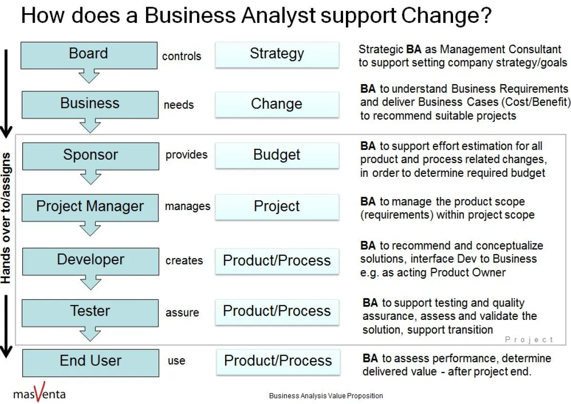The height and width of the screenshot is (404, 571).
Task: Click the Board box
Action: pos(89,55)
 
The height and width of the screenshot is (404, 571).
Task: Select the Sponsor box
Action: pos(90,155)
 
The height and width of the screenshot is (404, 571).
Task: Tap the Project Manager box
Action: pos(90,207)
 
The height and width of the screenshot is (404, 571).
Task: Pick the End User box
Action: pos(90,362)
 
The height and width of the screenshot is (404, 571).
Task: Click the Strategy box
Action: pos(277,54)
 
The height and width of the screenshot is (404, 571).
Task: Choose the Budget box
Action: pos(277,155)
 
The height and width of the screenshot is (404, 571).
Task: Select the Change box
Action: pos(277,104)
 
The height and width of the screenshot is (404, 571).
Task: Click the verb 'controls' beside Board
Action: pos(182,57)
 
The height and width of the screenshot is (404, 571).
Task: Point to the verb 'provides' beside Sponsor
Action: pos(187,155)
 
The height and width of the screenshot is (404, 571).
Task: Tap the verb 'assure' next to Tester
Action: pos(182,313)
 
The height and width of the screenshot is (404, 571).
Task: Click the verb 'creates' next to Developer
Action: pos(184,261)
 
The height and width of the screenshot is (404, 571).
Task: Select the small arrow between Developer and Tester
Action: pos(90,282)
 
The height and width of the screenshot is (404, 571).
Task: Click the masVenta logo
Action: pos(39,393)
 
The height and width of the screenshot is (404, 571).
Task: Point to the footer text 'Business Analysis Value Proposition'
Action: pos(326,396)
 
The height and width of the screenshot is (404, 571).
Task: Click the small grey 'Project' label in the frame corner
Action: pos(529,339)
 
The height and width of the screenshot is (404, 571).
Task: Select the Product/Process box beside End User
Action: pos(278,361)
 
